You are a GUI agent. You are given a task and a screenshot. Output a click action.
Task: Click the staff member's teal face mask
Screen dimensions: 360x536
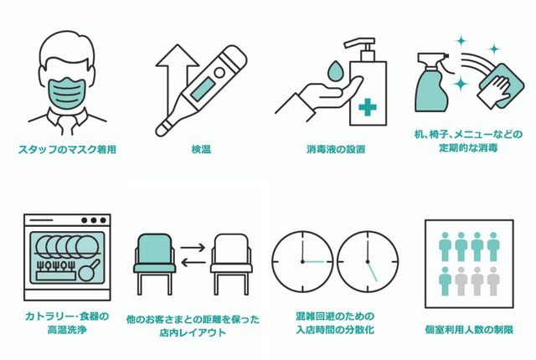pos(66,91)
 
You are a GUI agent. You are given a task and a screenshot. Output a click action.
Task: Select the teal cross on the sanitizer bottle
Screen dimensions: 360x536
pos(365,108)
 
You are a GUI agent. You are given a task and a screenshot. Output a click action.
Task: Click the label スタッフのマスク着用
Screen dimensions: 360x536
pos(66,150)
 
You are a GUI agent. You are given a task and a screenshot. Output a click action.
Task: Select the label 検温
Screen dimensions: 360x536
pos(200,150)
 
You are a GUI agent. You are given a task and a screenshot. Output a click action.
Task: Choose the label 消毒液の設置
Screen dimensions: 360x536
pos(335,150)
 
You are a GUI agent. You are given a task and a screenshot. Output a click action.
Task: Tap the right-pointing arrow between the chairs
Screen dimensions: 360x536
pos(193,249)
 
